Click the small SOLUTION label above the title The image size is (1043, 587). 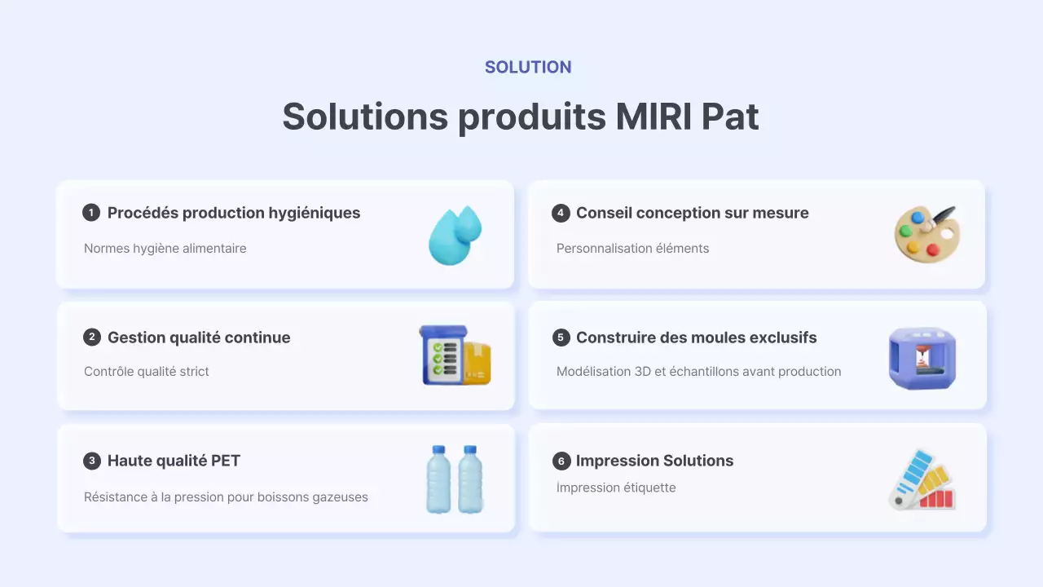pyautogui.click(x=528, y=68)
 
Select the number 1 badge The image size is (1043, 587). pyautogui.click(x=91, y=213)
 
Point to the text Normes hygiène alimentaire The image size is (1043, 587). pyautogui.click(x=165, y=249)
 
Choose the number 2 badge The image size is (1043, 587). pyautogui.click(x=91, y=338)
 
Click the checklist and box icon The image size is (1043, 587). pyautogui.click(x=455, y=355)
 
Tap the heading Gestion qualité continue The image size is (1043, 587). pyautogui.click(x=199, y=338)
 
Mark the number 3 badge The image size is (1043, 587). pyautogui.click(x=91, y=461)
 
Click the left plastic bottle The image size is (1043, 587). pyautogui.click(x=438, y=479)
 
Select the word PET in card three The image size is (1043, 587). pyautogui.click(x=226, y=461)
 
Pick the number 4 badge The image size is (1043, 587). pyautogui.click(x=561, y=213)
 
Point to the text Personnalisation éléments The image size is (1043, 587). pyautogui.click(x=632, y=249)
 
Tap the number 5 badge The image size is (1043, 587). pyautogui.click(x=561, y=338)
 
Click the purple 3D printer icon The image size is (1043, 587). pyautogui.click(x=922, y=359)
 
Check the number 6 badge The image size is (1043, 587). pyautogui.click(x=561, y=461)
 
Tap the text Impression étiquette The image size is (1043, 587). pyautogui.click(x=616, y=488)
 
